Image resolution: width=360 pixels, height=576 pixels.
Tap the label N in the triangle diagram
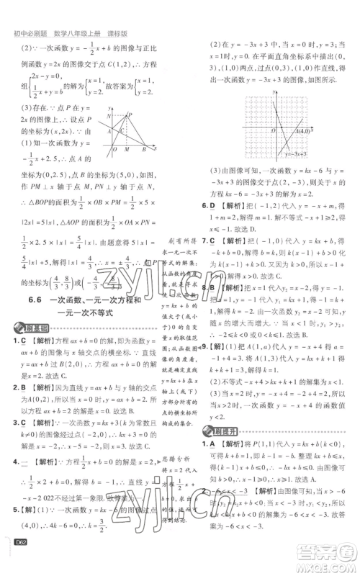pyautogui.click(x=109, y=115)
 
